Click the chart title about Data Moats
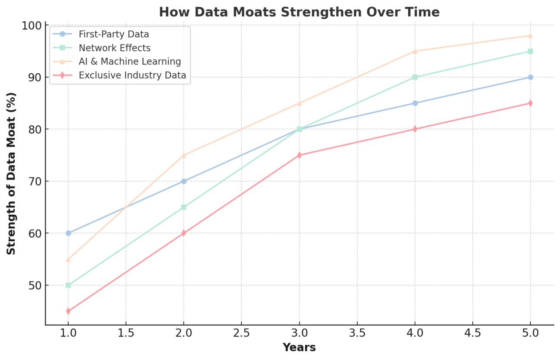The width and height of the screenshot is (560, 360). pyautogui.click(x=299, y=12)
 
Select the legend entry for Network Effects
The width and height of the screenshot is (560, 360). pyautogui.click(x=114, y=48)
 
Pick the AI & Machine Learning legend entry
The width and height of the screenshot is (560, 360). pyautogui.click(x=130, y=62)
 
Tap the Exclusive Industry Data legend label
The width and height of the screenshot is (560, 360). pyautogui.click(x=132, y=75)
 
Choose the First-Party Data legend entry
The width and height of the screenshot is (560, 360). pyautogui.click(x=114, y=34)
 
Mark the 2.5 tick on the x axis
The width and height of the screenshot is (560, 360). pyautogui.click(x=241, y=334)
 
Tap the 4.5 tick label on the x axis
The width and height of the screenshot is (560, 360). pyautogui.click(x=472, y=334)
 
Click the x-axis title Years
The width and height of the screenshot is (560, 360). pyautogui.click(x=299, y=348)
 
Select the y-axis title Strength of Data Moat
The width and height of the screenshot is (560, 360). pyautogui.click(x=12, y=173)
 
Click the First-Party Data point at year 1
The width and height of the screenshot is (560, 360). pyautogui.click(x=68, y=233)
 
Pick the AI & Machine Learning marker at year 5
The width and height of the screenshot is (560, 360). pyautogui.click(x=530, y=36)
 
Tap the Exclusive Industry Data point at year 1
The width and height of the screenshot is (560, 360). pyautogui.click(x=68, y=311)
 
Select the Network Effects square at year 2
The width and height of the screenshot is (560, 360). pyautogui.click(x=184, y=207)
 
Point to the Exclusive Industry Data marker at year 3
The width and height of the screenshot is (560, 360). pyautogui.click(x=299, y=155)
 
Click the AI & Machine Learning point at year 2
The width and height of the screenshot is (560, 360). pyautogui.click(x=184, y=155)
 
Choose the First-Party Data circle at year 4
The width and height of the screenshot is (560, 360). pyautogui.click(x=415, y=103)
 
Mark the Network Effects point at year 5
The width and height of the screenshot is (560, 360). pyautogui.click(x=530, y=51)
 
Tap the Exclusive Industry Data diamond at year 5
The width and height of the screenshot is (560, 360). pyautogui.click(x=530, y=103)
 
